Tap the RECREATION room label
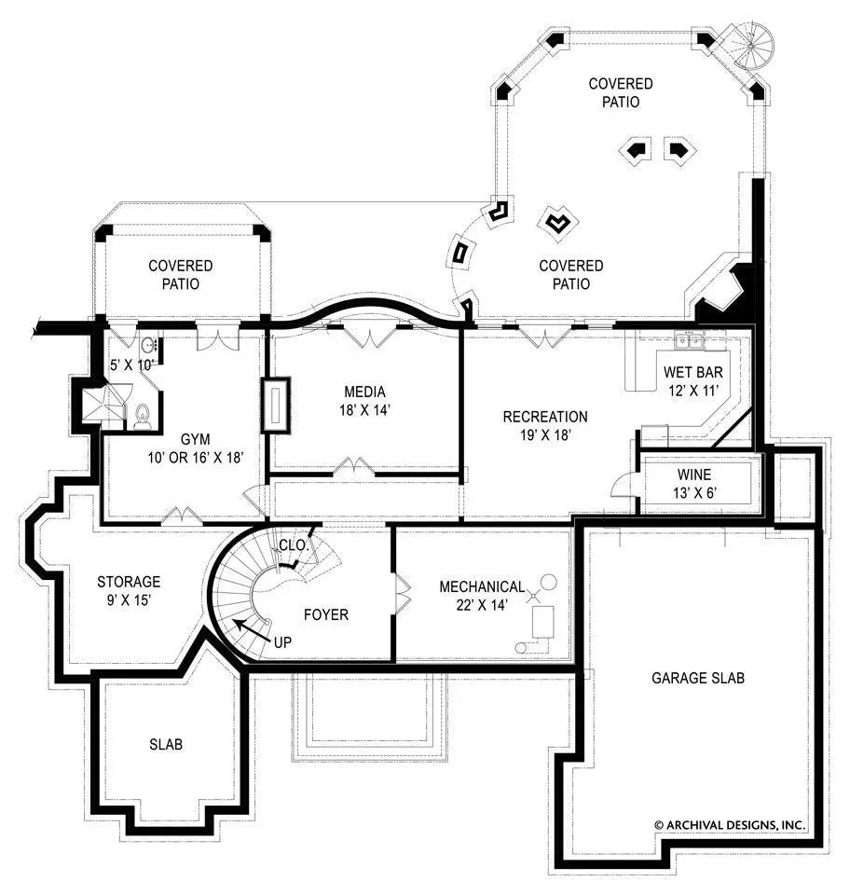tap(545, 417)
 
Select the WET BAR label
tap(692, 373)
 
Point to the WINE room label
tap(692, 475)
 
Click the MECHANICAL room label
tap(482, 587)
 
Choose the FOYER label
tap(326, 614)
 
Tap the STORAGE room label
tap(129, 582)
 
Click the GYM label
tap(195, 438)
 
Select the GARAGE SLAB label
tap(697, 678)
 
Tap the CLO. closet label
tap(293, 544)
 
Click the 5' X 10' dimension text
tap(130, 365)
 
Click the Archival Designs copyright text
tap(729, 825)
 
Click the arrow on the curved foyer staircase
tap(243, 626)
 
